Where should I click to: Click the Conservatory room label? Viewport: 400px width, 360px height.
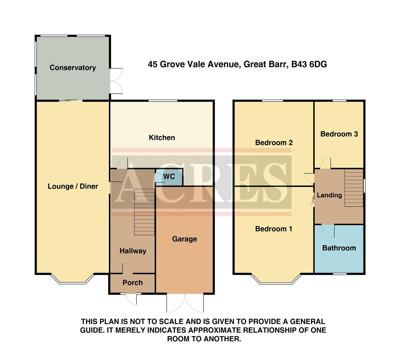(x=73, y=68)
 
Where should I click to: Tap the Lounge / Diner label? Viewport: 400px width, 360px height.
(x=73, y=186)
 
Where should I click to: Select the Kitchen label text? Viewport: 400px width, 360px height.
(x=162, y=138)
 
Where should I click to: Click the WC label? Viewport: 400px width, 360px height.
(x=169, y=177)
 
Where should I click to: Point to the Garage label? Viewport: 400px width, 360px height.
(x=185, y=239)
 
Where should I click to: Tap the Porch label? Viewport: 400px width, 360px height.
(x=133, y=283)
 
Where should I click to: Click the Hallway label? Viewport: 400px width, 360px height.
(x=133, y=251)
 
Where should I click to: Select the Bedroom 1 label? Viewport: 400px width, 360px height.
(x=273, y=229)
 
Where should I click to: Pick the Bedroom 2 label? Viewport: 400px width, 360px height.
(x=274, y=143)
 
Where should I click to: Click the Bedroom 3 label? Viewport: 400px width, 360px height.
(x=339, y=134)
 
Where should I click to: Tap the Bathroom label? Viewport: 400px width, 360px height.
(x=339, y=248)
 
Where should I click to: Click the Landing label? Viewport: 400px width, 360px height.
(x=329, y=195)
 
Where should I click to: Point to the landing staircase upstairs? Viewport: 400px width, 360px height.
(x=354, y=188)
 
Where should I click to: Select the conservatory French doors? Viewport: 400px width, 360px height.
(x=117, y=81)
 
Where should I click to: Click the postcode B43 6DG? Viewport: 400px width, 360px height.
(x=309, y=64)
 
